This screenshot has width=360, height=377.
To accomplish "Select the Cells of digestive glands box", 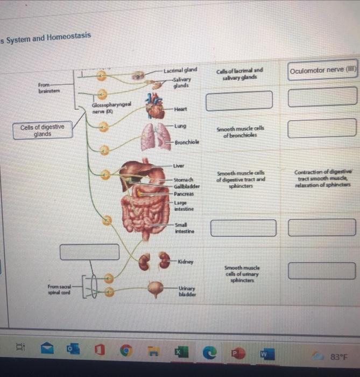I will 43,131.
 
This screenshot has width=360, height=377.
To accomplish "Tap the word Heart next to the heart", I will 180,109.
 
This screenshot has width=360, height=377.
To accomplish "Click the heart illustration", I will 156,107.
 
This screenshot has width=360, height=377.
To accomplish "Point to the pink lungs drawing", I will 155,136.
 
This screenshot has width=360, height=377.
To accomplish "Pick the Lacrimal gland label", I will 180,70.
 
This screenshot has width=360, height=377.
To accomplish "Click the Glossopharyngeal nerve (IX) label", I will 110,108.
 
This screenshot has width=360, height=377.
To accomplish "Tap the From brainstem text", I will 49,88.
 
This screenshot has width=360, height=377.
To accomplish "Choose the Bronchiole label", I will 186,142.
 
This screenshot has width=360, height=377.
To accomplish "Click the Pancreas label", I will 184,193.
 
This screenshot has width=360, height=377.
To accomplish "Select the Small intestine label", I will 184,228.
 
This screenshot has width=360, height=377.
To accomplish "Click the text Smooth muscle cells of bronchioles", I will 240,132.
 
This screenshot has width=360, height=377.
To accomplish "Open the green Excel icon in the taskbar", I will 178,353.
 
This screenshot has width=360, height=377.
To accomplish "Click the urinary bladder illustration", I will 156,289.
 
